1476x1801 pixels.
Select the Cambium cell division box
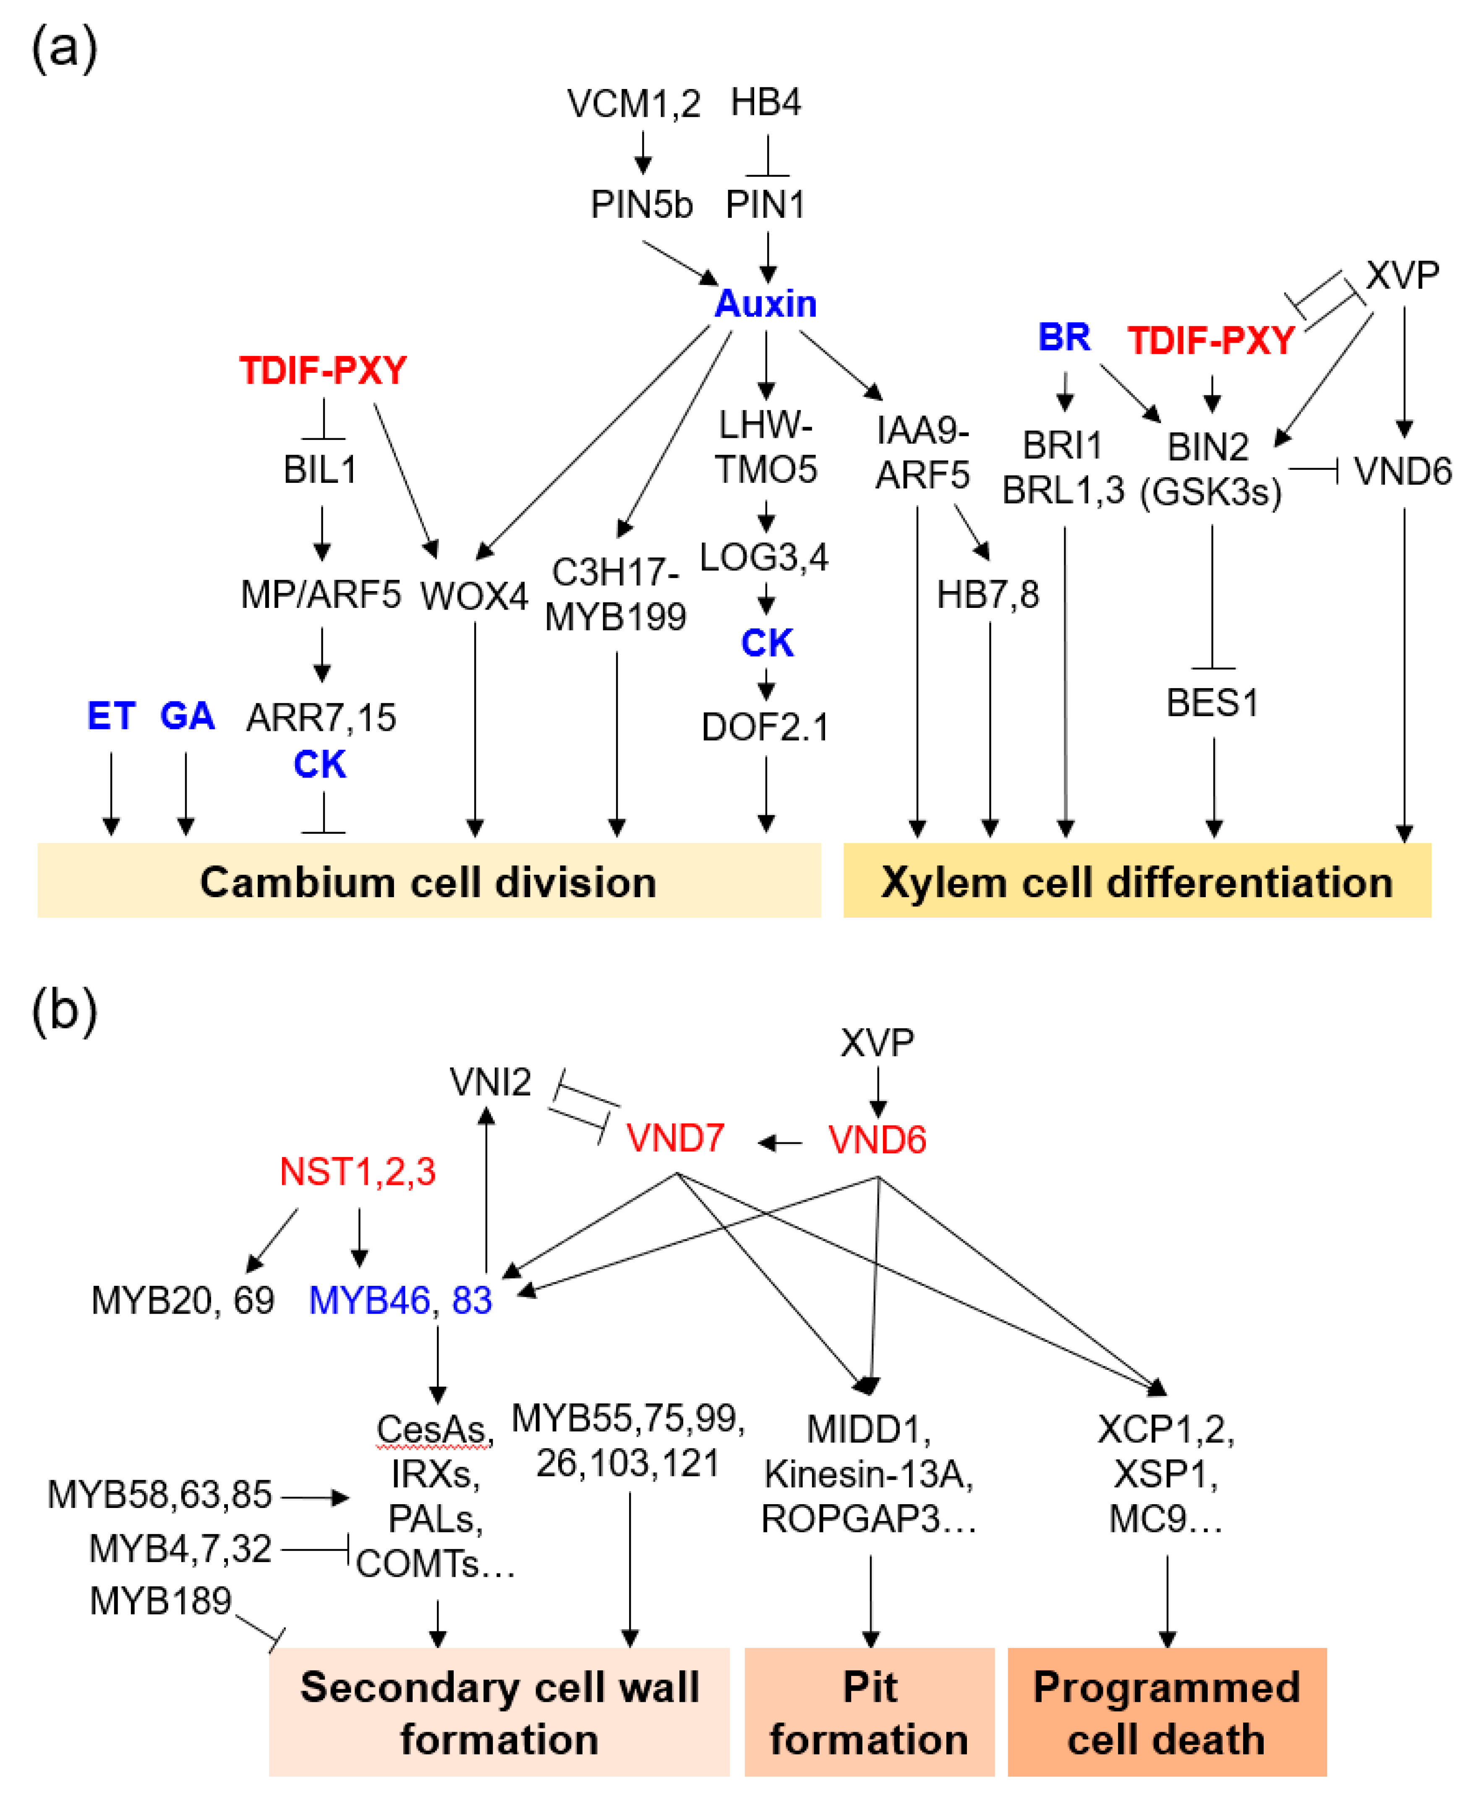pos(428,881)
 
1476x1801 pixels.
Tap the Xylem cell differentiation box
pos(1137,881)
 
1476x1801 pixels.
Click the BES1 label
pos(1212,702)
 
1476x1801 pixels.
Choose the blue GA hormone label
pos(187,716)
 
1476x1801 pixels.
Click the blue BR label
pos(1063,338)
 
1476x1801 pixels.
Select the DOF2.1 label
pos(765,727)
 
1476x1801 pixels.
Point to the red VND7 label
pos(675,1138)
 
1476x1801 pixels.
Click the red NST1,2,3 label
pos(358,1172)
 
